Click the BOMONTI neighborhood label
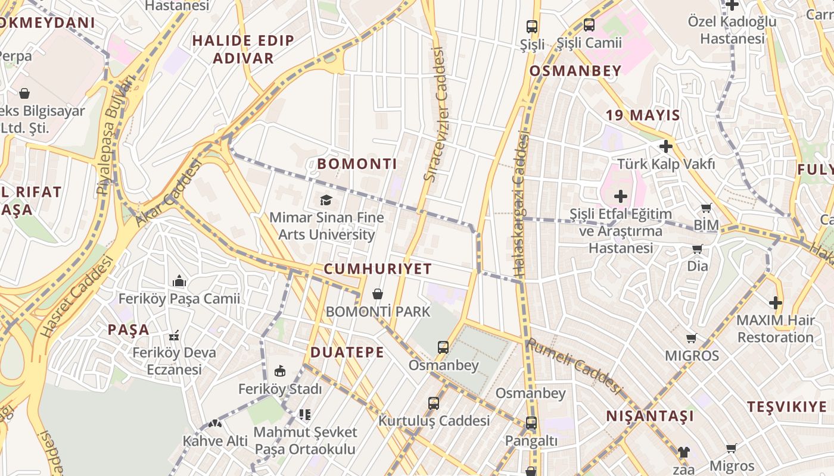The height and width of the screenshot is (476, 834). point(357,164)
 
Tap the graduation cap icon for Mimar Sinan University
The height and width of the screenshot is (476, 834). point(326,200)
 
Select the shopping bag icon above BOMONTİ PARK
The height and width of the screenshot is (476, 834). point(377,293)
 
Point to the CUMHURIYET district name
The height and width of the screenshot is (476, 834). point(378,269)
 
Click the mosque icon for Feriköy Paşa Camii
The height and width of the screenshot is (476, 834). point(179,281)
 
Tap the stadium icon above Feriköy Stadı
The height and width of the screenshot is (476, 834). point(279,371)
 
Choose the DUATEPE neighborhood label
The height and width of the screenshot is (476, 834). point(347,352)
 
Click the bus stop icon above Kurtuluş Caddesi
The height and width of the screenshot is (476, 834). point(434,403)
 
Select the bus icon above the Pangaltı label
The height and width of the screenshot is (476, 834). point(531,423)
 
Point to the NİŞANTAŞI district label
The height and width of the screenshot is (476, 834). point(650,416)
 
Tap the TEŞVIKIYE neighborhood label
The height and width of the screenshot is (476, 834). point(787,407)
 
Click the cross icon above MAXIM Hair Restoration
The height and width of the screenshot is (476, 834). point(775,303)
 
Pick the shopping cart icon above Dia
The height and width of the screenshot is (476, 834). point(697,249)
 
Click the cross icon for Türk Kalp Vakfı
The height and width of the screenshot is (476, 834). point(665,146)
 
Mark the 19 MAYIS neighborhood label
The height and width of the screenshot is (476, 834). point(643,115)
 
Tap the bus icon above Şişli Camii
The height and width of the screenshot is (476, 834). point(589,25)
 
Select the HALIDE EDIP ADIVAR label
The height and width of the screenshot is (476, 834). point(243,49)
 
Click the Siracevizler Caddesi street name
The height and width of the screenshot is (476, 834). point(436,114)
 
